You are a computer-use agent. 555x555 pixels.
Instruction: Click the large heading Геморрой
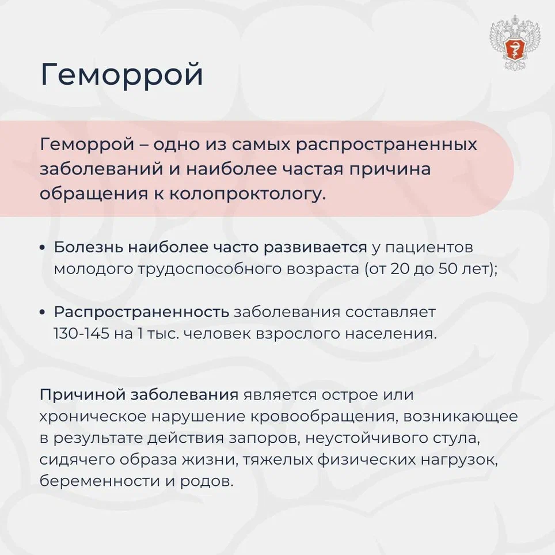[121, 75]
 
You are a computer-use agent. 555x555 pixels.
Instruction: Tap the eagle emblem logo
[515, 43]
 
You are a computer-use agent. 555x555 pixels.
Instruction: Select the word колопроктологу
[247, 194]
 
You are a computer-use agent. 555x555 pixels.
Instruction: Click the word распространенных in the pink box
[386, 145]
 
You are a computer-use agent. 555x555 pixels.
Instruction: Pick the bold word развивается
[315, 248]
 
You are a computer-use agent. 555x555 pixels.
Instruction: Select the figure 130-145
[81, 333]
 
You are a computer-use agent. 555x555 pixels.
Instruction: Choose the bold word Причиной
[83, 395]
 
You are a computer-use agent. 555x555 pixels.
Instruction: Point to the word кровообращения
[322, 417]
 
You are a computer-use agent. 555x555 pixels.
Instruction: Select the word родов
[207, 481]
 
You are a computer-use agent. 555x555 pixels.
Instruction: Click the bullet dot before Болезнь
[43, 248]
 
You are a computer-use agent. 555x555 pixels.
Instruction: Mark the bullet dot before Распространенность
[43, 313]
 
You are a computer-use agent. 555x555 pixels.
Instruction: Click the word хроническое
[92, 417]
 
